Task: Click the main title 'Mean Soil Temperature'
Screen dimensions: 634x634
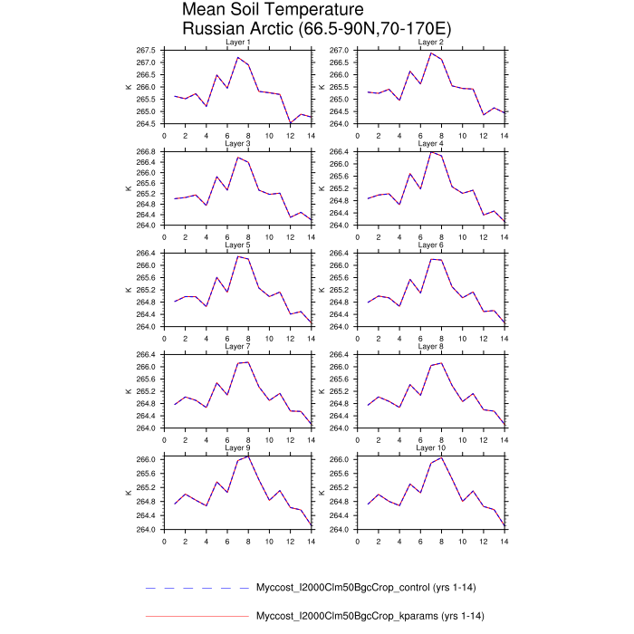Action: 273,10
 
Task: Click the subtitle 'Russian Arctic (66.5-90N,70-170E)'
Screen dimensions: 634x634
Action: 317,30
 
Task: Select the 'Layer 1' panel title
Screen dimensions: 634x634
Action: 237,43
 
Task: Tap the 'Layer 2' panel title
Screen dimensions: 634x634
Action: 429,43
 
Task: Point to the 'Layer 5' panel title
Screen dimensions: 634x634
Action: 237,245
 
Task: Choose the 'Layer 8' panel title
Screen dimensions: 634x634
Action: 429,346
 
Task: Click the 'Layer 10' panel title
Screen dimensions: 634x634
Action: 431,447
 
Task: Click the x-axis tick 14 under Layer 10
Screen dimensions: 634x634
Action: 504,541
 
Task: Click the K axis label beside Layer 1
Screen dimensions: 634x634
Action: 129,87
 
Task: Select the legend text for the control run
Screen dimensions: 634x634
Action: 358,587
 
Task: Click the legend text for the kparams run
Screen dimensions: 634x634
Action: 358,617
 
